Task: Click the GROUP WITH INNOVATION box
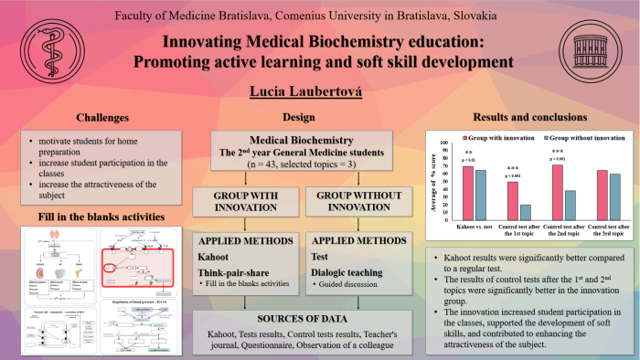pyautogui.click(x=240, y=203)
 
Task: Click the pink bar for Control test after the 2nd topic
pyautogui.click(x=558, y=189)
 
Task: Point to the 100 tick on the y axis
pyautogui.click(x=444, y=143)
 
